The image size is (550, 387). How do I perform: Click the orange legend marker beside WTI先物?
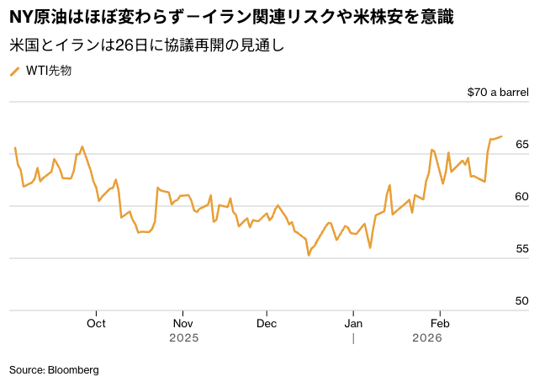(14, 72)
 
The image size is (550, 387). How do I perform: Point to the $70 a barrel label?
(498, 93)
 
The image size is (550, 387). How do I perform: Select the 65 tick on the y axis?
(521, 146)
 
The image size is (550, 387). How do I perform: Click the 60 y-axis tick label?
(521, 197)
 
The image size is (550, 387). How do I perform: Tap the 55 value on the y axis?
(521, 249)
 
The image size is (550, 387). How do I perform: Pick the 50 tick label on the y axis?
(521, 301)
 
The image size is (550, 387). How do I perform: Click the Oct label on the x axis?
(96, 323)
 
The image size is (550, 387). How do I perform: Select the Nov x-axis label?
(182, 323)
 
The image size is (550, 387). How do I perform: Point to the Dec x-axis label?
(267, 323)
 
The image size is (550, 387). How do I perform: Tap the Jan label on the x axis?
(353, 323)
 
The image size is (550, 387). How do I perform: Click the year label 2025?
(183, 338)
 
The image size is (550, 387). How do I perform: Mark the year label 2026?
(427, 338)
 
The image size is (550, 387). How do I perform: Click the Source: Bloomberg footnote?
(54, 369)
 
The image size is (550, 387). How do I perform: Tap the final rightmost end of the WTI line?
(502, 136)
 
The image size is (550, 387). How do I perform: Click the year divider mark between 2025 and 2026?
(354, 338)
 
